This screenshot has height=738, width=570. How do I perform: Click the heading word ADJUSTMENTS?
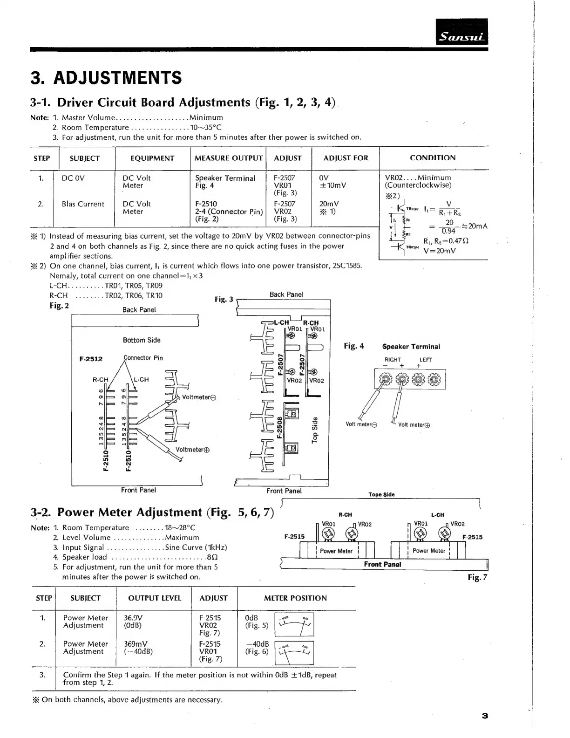point(118,77)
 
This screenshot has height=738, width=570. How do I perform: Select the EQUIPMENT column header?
point(152,158)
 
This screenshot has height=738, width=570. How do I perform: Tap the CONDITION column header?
point(433,158)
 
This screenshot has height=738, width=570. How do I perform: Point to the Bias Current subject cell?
point(83,204)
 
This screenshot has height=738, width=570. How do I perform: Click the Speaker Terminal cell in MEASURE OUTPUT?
point(225,178)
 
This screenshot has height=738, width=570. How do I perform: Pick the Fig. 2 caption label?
point(59,306)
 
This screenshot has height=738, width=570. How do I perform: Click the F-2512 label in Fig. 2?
point(91,359)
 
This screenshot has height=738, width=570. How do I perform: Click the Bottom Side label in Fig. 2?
point(142,341)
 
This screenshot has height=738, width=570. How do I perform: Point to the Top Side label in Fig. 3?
point(315,429)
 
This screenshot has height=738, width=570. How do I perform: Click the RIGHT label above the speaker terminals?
point(393,360)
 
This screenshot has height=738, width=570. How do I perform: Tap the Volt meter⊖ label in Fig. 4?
point(361,424)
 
